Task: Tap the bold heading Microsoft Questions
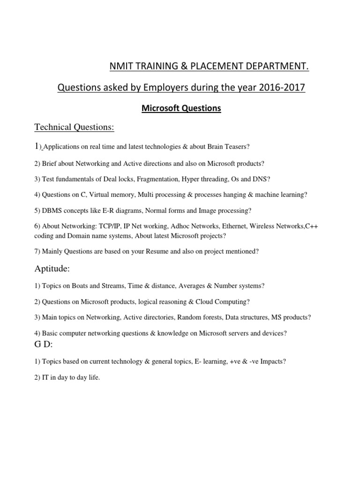tap(181, 108)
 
